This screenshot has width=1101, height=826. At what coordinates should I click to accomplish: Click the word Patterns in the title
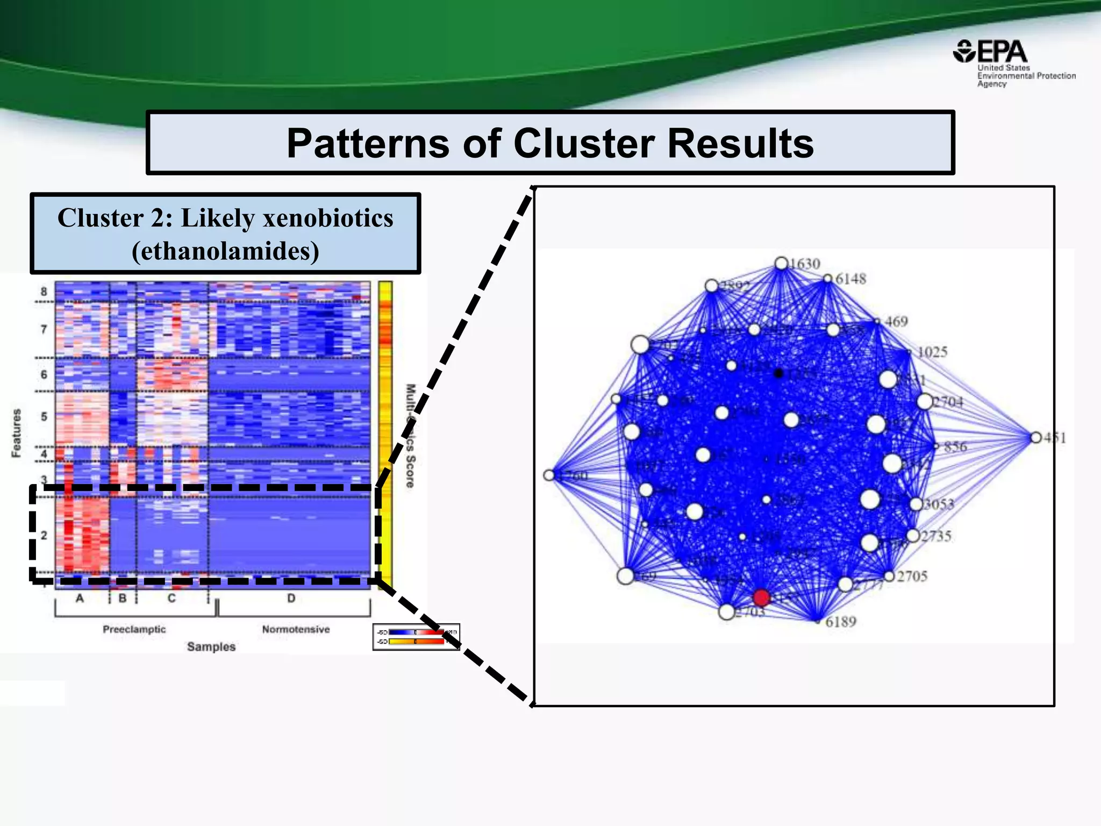pos(368,144)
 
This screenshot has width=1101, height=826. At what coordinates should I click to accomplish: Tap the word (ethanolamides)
pos(225,251)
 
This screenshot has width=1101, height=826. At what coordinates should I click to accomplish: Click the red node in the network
pos(761,597)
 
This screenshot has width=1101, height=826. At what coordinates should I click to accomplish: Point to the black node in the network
pos(778,373)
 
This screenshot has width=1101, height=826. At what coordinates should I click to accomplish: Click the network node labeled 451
pos(1036,438)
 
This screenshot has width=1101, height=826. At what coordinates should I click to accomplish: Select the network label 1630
pos(805,264)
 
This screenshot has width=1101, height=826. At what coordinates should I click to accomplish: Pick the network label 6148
pos(850,279)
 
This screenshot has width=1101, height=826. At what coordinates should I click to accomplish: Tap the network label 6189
pos(841,622)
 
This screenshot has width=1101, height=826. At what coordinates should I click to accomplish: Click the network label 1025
pos(932,352)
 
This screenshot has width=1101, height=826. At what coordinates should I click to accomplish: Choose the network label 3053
pos(939,504)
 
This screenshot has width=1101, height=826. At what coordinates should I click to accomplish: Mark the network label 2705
pos(912,576)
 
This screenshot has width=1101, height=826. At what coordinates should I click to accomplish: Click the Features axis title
pos(17,433)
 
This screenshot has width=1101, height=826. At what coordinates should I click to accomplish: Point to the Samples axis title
pos(211,647)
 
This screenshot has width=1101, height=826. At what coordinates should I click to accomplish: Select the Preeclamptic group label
pos(134,629)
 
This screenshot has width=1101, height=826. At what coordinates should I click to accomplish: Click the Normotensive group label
pos(296,629)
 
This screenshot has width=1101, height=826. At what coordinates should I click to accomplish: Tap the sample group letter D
pos(291,598)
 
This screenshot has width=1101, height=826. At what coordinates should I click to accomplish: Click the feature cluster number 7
pos(44,329)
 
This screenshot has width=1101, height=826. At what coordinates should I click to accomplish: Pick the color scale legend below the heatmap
pos(416,637)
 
